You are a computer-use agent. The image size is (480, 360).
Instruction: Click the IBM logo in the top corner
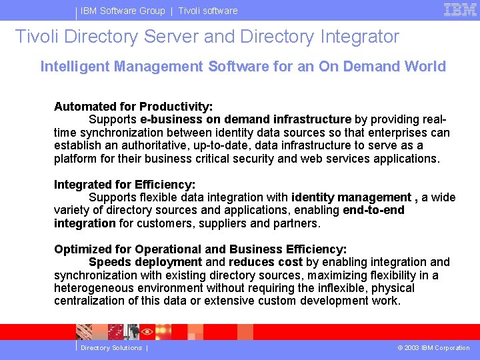click(460, 9)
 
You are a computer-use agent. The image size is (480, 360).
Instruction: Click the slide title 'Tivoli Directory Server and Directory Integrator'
click(207, 37)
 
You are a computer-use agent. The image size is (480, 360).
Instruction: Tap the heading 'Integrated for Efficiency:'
click(125, 185)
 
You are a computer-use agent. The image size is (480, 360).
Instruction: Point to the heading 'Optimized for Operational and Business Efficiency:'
click(200, 249)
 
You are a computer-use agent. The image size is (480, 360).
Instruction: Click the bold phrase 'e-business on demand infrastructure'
click(246, 120)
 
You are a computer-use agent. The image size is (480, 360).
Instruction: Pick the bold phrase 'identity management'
click(351, 197)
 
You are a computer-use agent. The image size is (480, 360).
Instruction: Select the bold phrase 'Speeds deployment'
click(145, 263)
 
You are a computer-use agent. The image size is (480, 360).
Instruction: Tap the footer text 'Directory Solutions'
click(111, 348)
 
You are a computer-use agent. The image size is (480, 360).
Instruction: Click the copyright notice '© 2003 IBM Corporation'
click(433, 348)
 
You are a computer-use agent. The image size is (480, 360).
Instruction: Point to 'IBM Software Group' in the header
click(123, 11)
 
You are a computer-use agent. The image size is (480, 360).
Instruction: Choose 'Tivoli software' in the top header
click(207, 11)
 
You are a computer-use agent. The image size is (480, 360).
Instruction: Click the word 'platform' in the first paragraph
click(75, 159)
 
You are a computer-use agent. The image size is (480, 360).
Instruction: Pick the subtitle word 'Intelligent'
click(75, 67)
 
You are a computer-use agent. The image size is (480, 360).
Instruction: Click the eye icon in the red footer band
click(147, 331)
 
